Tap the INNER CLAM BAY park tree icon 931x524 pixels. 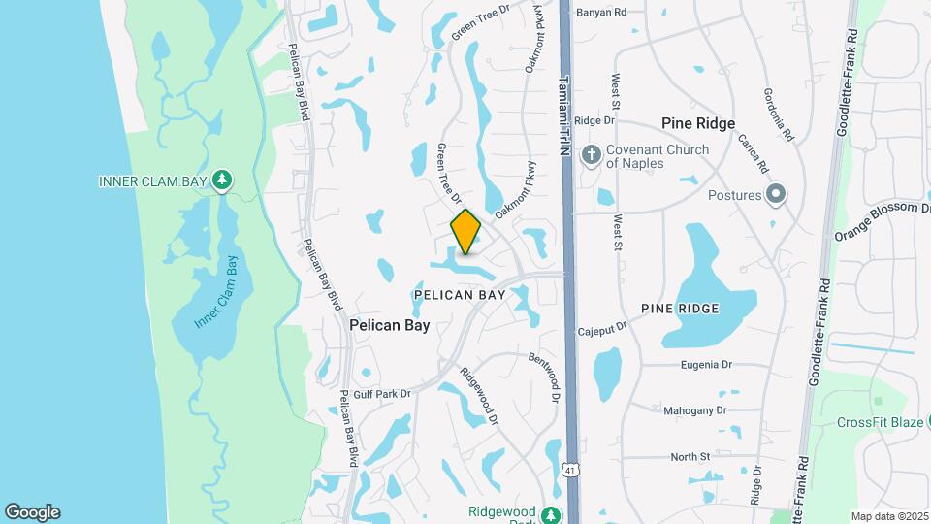(223, 180)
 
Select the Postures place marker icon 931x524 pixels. (775, 195)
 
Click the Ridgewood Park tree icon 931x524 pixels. (551, 515)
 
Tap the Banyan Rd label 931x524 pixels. (601, 13)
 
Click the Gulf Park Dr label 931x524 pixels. (383, 394)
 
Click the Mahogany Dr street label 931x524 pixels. (694, 410)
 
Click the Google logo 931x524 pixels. (32, 512)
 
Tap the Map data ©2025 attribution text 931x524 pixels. (888, 516)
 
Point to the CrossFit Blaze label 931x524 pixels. (878, 422)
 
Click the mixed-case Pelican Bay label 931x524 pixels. (389, 326)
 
